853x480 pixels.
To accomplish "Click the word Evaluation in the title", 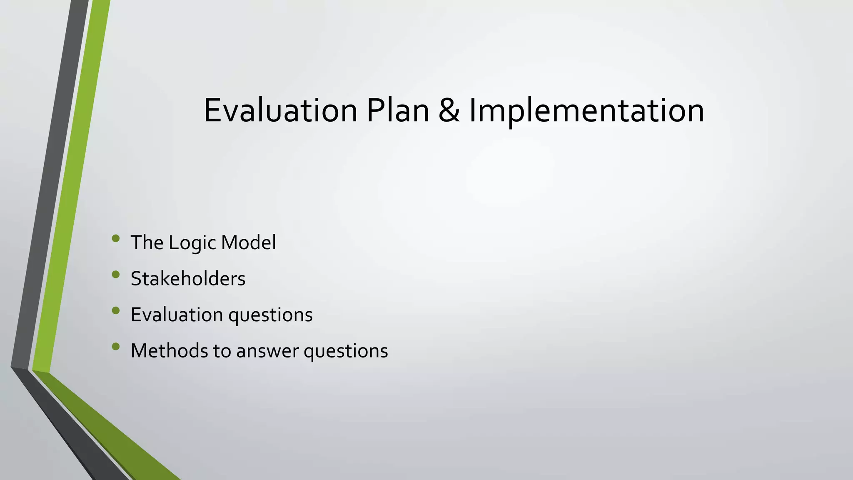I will (280, 110).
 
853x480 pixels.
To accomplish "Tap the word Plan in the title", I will (398, 110).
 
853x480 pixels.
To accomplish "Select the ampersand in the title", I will (449, 110).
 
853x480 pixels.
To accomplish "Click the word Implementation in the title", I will (586, 110).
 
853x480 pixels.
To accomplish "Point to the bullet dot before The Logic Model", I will (116, 239).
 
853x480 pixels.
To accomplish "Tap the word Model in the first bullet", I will (248, 242).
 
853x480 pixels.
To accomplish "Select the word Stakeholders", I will (188, 278).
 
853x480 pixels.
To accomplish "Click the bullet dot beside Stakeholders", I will (116, 275).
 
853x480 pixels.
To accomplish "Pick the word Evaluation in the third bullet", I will (177, 315).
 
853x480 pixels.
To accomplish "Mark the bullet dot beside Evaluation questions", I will (116, 310).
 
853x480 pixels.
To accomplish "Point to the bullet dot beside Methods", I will (116, 346).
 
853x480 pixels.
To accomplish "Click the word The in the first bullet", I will (147, 242).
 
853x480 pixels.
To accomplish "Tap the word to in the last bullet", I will (222, 351).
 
